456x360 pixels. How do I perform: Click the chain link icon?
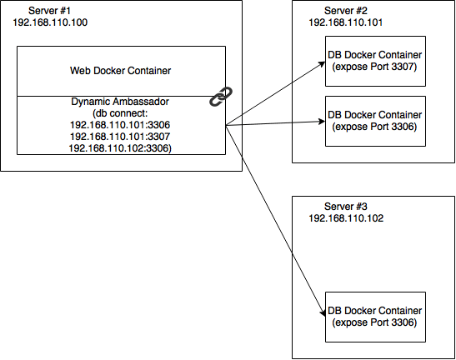click(x=221, y=97)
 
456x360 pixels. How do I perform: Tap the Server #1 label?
click(x=49, y=11)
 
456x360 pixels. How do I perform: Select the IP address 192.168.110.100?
click(x=50, y=22)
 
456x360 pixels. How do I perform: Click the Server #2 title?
click(x=346, y=11)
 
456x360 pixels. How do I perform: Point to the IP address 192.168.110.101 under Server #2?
click(x=346, y=22)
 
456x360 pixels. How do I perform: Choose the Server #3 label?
click(x=346, y=207)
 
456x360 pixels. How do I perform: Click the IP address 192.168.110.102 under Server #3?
click(x=346, y=218)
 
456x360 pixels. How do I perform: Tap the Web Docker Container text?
click(x=120, y=71)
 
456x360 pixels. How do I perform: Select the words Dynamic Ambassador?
click(x=120, y=102)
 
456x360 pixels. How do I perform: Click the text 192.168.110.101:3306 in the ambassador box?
click(x=120, y=125)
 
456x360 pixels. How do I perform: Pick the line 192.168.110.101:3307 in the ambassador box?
click(x=120, y=137)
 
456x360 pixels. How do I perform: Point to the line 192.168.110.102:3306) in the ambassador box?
click(x=120, y=148)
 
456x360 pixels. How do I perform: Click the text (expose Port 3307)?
click(x=374, y=67)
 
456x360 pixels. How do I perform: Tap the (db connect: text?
click(x=120, y=113)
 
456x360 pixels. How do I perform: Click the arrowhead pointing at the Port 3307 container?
click(x=322, y=63)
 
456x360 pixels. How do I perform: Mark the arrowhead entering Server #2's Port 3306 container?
click(x=322, y=122)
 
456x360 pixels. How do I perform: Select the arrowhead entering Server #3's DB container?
click(x=323, y=312)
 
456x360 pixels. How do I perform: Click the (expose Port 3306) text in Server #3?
click(x=374, y=322)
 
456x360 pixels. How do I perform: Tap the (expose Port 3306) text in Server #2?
click(x=374, y=127)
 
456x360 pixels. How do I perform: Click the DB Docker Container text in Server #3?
click(x=374, y=311)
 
